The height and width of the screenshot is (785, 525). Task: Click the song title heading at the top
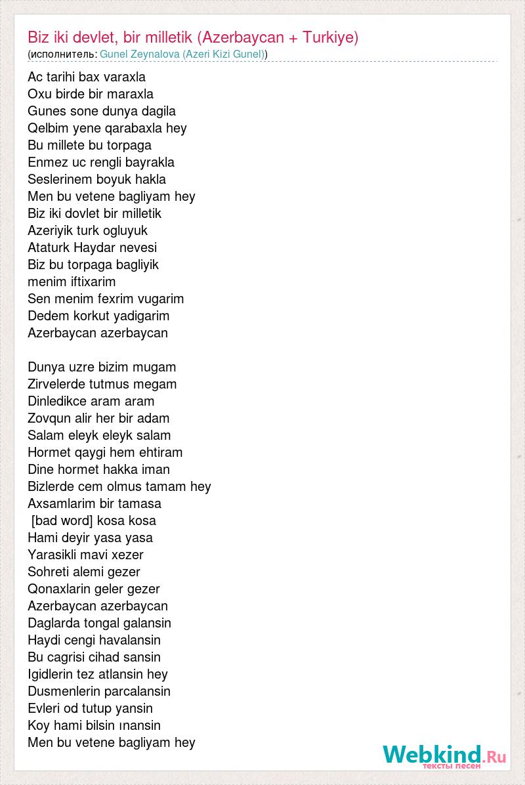coord(193,37)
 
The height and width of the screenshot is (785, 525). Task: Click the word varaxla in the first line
coord(123,77)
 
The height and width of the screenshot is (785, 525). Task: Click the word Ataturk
coord(49,247)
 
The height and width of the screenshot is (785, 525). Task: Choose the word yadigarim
coord(141,316)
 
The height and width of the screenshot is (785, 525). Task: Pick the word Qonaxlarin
coord(60,589)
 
